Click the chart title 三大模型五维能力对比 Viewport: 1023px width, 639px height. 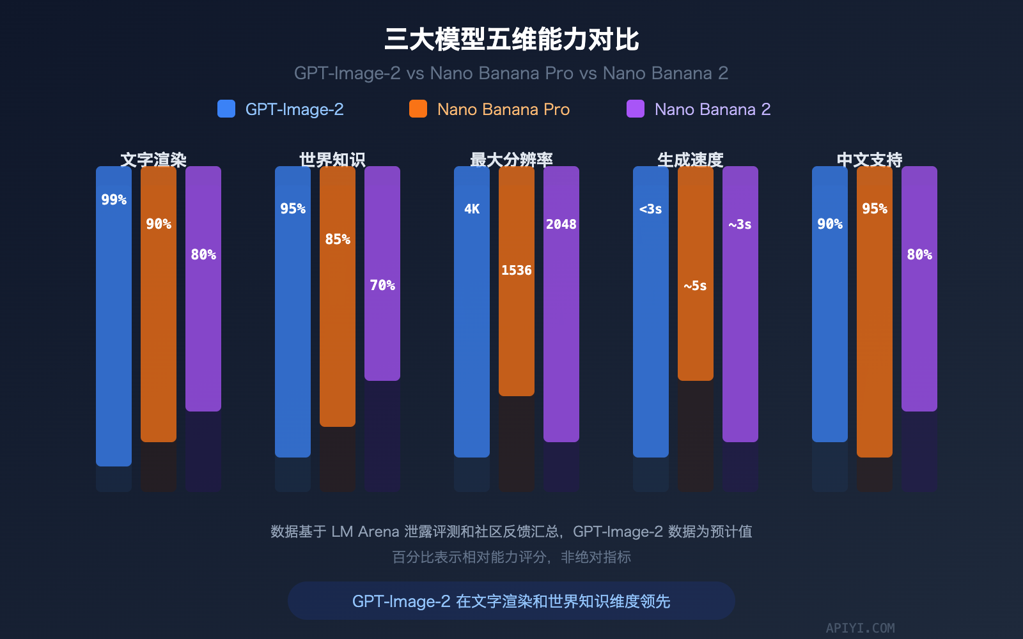511,40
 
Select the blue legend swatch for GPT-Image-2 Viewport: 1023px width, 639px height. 226,109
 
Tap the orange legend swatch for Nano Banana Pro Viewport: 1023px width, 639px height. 418,109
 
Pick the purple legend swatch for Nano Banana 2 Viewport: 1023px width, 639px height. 636,109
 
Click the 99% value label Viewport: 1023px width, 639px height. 114,200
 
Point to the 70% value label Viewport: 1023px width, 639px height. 382,286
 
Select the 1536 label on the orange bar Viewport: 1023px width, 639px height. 517,270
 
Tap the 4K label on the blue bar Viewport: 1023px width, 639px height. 472,209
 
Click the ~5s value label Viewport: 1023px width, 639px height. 695,286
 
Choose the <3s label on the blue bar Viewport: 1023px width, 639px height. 650,209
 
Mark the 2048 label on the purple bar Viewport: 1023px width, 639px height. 561,224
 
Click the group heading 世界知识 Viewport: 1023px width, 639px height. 332,159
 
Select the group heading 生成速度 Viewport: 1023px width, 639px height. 691,159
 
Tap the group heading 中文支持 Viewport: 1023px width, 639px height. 870,159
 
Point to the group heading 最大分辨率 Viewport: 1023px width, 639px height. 511,159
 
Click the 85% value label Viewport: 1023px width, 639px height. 338,240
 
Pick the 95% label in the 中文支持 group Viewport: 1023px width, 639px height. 875,209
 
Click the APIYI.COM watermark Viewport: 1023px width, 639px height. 860,628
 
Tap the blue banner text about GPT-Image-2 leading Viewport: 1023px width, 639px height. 511,601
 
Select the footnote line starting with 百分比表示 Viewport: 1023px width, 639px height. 511,557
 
